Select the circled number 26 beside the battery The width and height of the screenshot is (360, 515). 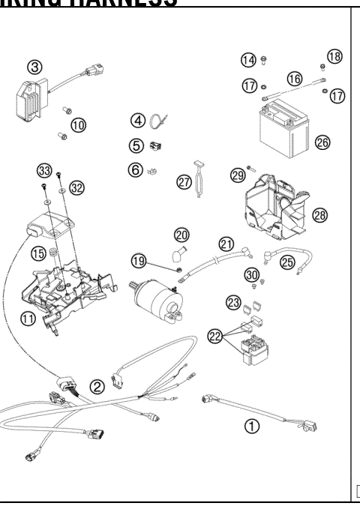pyautogui.click(x=323, y=142)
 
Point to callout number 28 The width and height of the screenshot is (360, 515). pyautogui.click(x=320, y=215)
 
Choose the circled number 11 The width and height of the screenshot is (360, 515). pyautogui.click(x=28, y=319)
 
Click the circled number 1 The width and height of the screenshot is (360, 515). pyautogui.click(x=253, y=425)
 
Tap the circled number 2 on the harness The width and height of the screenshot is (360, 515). pyautogui.click(x=97, y=387)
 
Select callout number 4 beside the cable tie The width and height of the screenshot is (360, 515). pyautogui.click(x=138, y=120)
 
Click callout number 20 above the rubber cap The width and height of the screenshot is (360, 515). pyautogui.click(x=182, y=235)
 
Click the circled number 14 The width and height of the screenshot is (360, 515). pyautogui.click(x=247, y=60)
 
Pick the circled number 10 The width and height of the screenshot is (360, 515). pyautogui.click(x=79, y=124)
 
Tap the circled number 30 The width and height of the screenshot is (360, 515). pyautogui.click(x=251, y=275)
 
